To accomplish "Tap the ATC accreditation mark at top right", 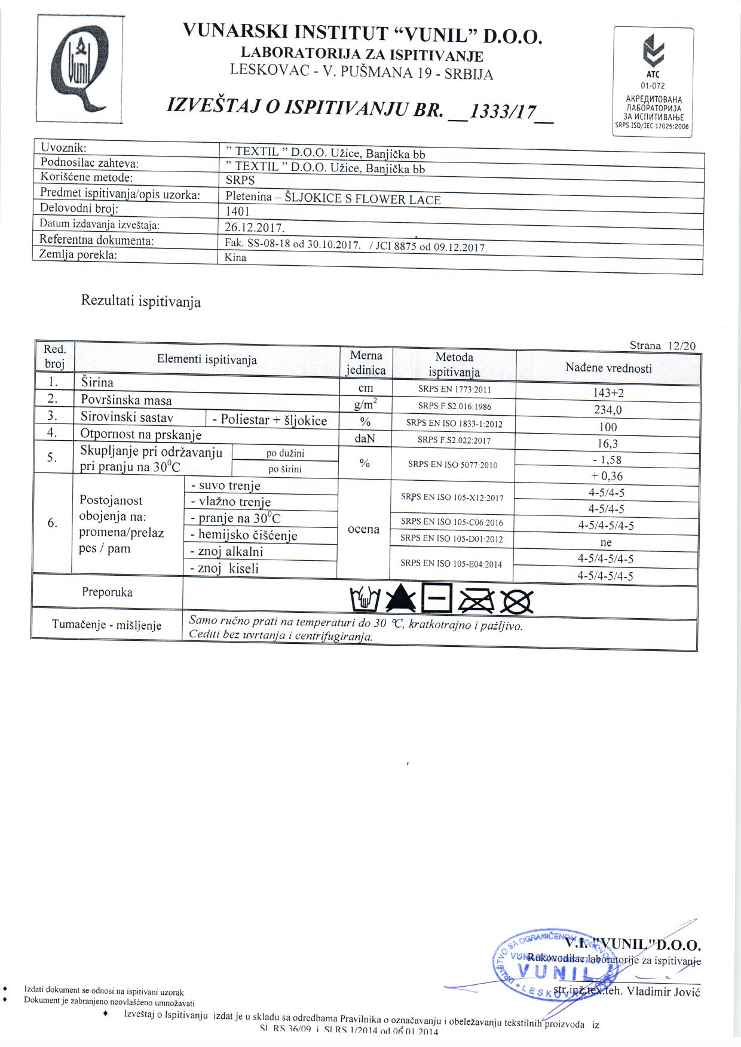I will point(653,82).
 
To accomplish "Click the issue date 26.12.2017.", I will point(255,228).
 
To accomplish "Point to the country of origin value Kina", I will point(235,258).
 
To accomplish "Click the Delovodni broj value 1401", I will point(237,211).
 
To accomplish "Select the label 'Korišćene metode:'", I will point(86,177).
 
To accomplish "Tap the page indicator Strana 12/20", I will point(662,346).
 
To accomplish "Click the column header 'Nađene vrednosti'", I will point(608,369).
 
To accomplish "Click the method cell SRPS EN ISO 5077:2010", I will point(452,465).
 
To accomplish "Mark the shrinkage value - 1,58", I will point(607,460).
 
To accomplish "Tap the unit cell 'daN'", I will point(364,439).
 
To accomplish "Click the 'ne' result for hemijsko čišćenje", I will point(606,543).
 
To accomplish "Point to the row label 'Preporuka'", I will point(108,592).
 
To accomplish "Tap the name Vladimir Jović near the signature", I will point(663,992).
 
